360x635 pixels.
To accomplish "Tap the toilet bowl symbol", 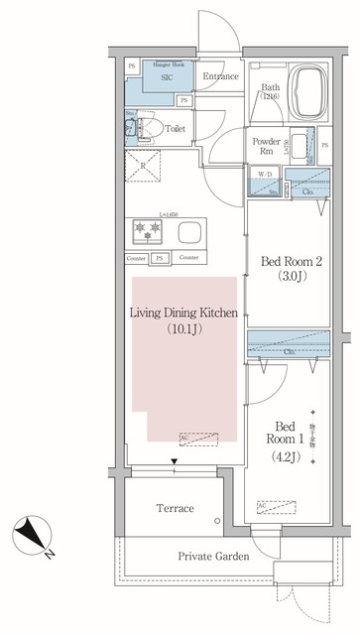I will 154,128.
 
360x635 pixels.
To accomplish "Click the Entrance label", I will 219,76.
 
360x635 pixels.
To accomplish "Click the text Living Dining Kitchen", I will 184,315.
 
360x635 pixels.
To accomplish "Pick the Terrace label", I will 176,508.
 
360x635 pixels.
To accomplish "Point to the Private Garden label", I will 213,557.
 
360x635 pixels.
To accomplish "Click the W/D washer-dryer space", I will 263,175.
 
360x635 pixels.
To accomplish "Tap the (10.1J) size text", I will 184,330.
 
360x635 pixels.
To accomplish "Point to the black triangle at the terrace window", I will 175,461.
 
